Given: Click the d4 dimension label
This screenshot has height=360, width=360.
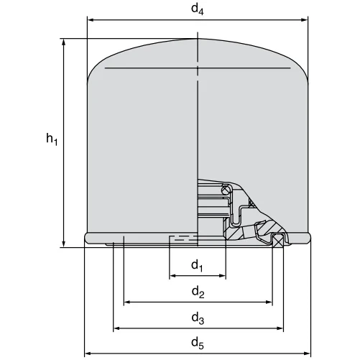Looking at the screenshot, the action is (x=198, y=9).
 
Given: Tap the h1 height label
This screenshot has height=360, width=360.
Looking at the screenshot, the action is (x=52, y=139).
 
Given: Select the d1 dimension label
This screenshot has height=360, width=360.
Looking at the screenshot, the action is (x=197, y=266).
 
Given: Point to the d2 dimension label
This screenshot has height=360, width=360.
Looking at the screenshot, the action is (x=198, y=292).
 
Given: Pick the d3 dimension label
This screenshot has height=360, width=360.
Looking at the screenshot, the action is (x=198, y=318).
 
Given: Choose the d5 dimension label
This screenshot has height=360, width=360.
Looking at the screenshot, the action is (x=198, y=343).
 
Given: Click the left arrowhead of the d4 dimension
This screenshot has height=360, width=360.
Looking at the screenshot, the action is (x=91, y=20).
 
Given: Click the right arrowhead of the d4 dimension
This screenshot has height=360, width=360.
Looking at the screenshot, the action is (x=304, y=20).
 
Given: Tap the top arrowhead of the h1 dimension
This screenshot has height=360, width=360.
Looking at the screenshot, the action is (x=64, y=42).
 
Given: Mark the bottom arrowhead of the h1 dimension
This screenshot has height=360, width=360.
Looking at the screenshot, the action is (x=64, y=244).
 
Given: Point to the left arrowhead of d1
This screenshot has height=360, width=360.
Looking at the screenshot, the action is (x=173, y=276).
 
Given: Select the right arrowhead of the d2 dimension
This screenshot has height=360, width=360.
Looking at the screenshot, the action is (x=269, y=303).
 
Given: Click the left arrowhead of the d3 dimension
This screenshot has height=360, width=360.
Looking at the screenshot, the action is (x=117, y=328).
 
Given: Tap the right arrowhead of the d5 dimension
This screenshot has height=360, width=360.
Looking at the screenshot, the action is (x=307, y=354).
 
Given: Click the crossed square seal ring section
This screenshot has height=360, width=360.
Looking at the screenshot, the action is (x=278, y=241).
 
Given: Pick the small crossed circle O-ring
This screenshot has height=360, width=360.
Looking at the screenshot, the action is (x=226, y=190).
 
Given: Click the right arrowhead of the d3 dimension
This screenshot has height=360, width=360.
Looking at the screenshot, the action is (x=280, y=328).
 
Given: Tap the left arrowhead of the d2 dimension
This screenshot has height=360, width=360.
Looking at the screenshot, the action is (x=127, y=303).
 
